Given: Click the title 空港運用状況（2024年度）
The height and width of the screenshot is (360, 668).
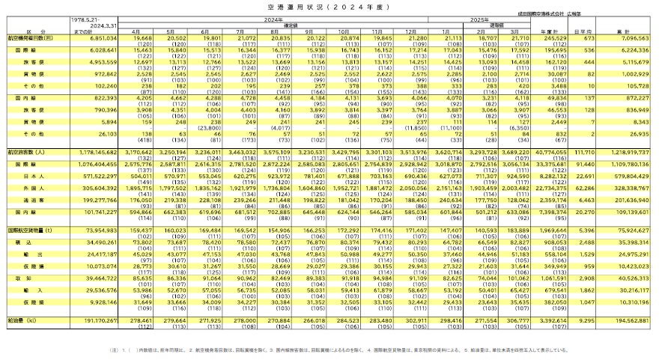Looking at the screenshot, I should pos(333,7).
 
